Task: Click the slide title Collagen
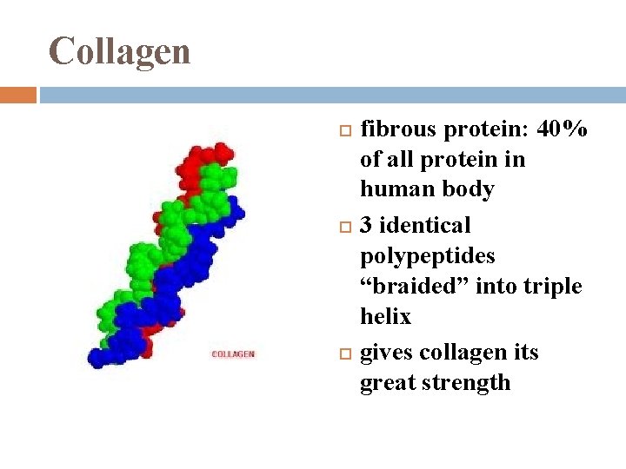click(x=119, y=51)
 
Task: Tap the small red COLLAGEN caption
click(x=233, y=354)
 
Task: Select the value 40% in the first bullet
click(x=563, y=130)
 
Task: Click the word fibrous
click(x=399, y=130)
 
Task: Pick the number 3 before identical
click(x=367, y=226)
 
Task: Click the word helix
click(x=385, y=317)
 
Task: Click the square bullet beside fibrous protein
click(x=343, y=131)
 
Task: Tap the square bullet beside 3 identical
click(x=343, y=227)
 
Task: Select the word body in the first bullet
click(x=469, y=189)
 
